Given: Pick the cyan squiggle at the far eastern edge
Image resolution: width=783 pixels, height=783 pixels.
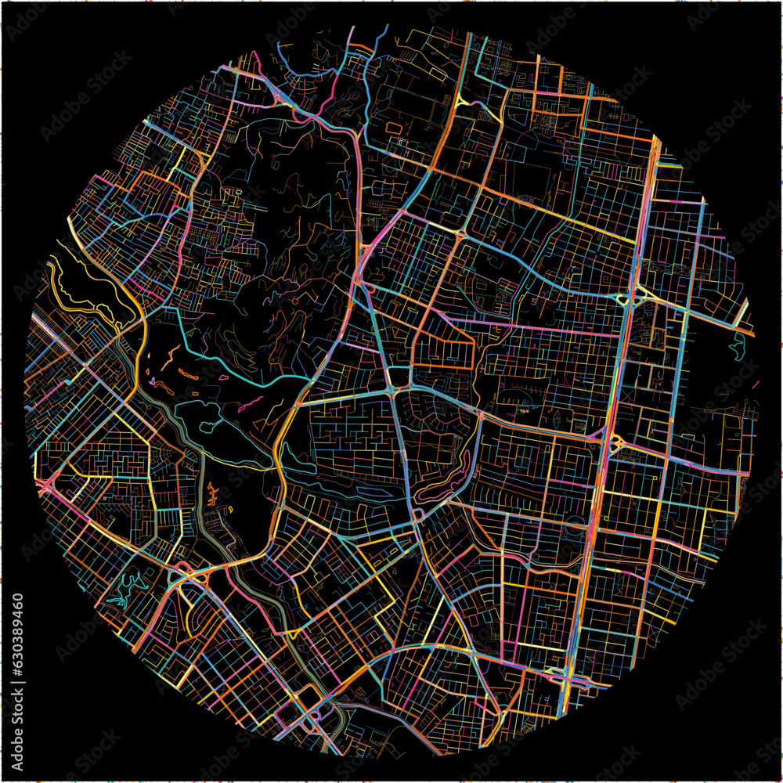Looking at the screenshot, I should coord(737,345).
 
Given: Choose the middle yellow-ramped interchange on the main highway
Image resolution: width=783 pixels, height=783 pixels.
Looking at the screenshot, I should coord(612,443).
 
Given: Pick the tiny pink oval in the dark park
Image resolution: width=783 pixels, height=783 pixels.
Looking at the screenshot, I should coord(223,377).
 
